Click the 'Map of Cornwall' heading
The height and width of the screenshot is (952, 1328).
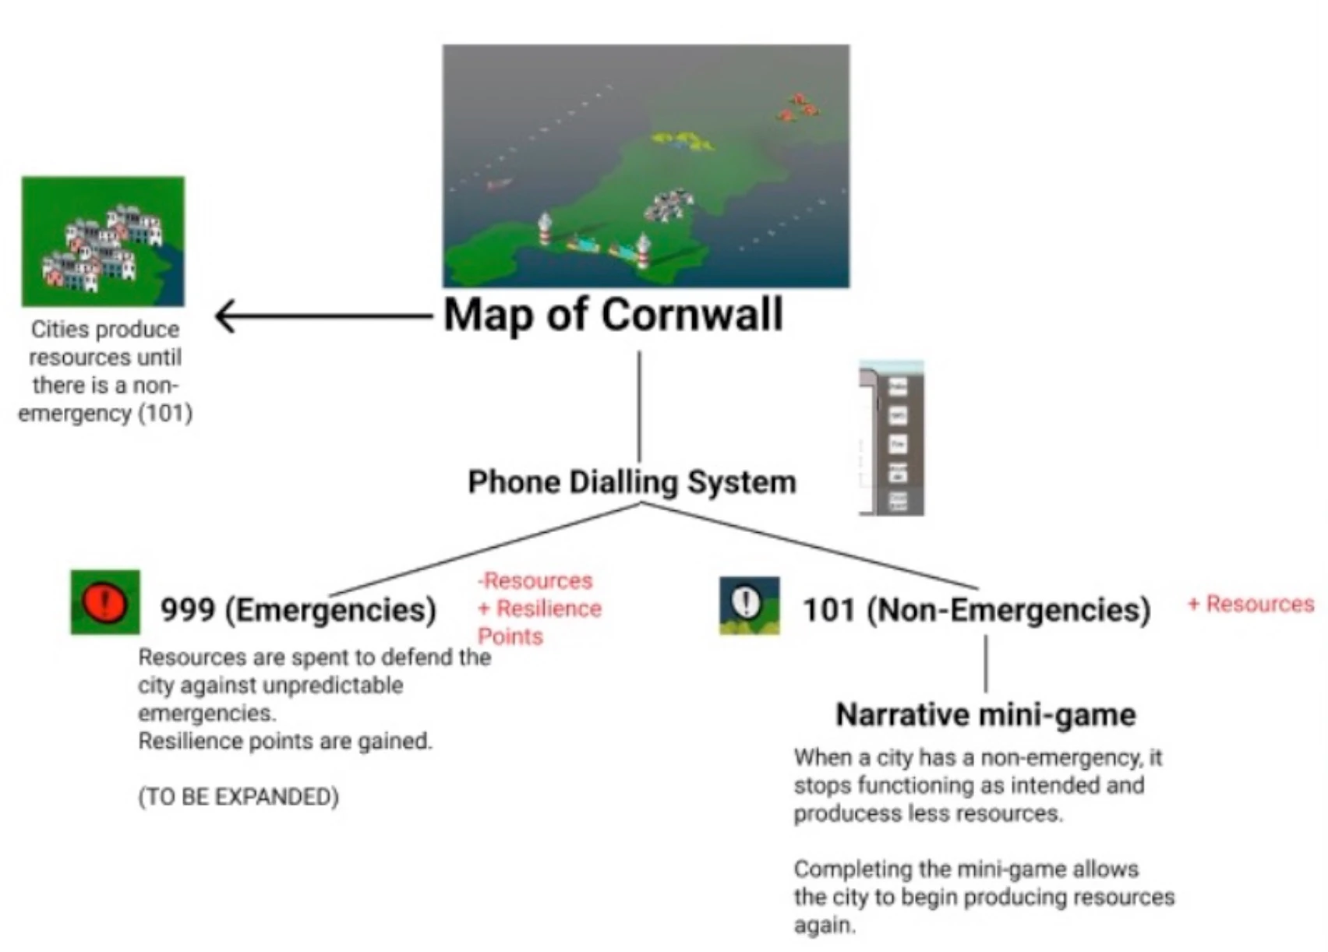click(x=613, y=316)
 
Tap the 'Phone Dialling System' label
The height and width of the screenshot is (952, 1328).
click(x=631, y=482)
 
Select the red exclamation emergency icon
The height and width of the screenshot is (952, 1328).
click(x=105, y=602)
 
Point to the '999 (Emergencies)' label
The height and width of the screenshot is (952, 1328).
click(x=298, y=610)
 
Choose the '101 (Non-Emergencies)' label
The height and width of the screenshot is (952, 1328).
click(x=977, y=610)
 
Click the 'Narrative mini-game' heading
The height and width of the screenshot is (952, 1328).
click(x=985, y=715)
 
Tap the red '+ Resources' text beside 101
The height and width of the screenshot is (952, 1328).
click(x=1251, y=604)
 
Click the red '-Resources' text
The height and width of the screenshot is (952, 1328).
click(x=535, y=580)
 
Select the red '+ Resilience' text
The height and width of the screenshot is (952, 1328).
click(x=539, y=608)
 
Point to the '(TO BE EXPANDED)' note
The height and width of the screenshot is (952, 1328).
click(x=238, y=797)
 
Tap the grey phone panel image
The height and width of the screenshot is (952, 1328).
click(x=892, y=438)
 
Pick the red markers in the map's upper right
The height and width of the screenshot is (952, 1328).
click(x=798, y=108)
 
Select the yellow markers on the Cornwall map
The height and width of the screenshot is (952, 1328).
click(x=683, y=141)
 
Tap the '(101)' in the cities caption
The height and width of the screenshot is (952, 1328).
click(x=164, y=413)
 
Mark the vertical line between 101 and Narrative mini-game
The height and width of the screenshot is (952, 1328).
click(x=986, y=664)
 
